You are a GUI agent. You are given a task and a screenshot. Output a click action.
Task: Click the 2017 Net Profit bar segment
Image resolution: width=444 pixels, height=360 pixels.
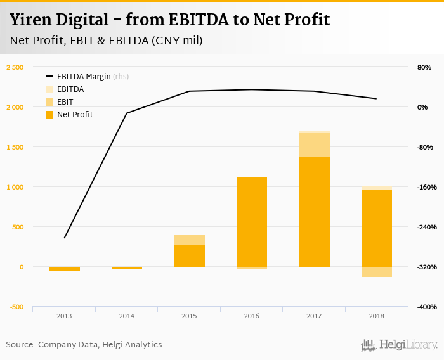(x=315, y=212)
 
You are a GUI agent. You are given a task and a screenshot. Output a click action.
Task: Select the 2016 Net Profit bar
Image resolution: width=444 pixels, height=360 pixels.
(x=252, y=222)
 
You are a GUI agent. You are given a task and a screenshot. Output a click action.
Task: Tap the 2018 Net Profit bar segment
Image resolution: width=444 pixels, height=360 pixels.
(x=377, y=228)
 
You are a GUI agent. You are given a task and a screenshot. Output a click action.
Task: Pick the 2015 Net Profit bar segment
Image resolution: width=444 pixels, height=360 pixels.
(x=190, y=255)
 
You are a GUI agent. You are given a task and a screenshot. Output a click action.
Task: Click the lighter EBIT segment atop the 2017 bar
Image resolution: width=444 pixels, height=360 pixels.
(x=315, y=145)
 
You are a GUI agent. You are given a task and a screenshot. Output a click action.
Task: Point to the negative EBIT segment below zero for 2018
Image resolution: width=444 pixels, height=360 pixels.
(x=377, y=272)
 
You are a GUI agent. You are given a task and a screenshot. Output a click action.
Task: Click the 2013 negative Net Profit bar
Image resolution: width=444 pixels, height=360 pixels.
(x=65, y=269)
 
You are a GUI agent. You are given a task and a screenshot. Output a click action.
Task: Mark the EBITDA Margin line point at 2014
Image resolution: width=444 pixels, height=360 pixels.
(x=127, y=113)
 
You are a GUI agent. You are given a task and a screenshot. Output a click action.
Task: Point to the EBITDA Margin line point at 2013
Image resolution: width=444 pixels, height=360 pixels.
(x=65, y=238)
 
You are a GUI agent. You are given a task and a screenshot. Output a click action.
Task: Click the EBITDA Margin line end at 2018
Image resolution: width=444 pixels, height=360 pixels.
(x=377, y=99)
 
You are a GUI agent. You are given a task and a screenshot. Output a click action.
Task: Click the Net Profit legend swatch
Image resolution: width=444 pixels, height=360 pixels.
(x=49, y=115)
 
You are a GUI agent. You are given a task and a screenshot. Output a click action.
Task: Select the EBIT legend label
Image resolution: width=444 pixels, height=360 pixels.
(x=65, y=102)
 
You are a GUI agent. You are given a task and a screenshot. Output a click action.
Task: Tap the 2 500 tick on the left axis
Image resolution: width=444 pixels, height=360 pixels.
(x=15, y=67)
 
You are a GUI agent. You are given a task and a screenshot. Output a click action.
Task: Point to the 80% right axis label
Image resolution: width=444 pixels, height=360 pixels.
(x=424, y=67)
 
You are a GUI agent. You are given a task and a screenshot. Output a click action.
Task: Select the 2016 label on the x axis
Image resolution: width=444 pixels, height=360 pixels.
(x=252, y=315)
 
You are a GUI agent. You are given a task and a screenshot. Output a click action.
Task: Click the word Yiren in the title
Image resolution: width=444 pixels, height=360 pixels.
(x=29, y=20)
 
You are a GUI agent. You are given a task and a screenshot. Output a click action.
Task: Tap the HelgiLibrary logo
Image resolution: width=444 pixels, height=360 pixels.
(x=400, y=345)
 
